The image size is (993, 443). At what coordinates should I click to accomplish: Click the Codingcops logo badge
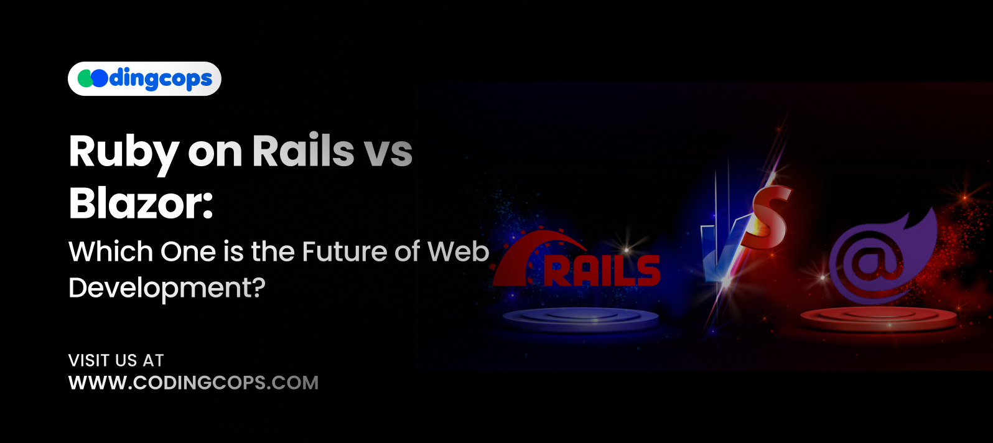pyautogui.click(x=144, y=79)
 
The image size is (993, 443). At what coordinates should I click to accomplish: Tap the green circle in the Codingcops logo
pyautogui.click(x=85, y=78)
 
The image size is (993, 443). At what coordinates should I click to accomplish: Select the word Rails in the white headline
pyautogui.click(x=303, y=151)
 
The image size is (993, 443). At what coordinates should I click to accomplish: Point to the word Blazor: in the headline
pyautogui.click(x=141, y=203)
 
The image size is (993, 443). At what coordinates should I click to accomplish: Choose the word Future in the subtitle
pyautogui.click(x=338, y=251)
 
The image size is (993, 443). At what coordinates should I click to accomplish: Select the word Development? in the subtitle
pyautogui.click(x=167, y=288)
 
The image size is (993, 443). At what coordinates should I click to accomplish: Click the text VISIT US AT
pyautogui.click(x=116, y=360)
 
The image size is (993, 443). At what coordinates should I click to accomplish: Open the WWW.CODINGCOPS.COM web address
pyautogui.click(x=193, y=383)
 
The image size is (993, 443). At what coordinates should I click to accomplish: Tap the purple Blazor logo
pyautogui.click(x=882, y=257)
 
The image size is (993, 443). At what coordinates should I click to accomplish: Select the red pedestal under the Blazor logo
pyautogui.click(x=879, y=319)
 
